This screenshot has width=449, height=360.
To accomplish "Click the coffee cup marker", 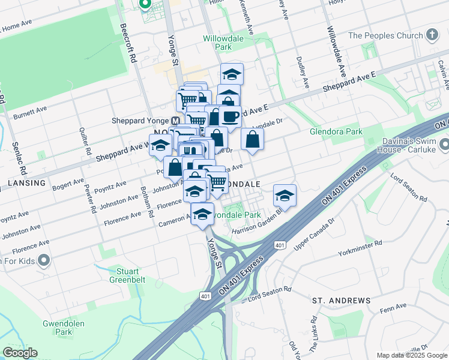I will pos(231,116).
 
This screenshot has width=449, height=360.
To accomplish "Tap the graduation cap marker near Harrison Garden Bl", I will pos(285,196).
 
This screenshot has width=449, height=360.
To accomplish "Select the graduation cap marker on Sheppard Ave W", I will pos(160,146).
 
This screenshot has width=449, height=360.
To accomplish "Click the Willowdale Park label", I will pos(217,42).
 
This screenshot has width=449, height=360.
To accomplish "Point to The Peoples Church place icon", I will pos(432,35).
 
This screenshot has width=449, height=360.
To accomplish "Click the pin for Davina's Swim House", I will pos(444,145).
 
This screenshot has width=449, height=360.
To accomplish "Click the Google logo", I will pos(20,353).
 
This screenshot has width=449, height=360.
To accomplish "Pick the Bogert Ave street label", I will pos(67,186).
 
